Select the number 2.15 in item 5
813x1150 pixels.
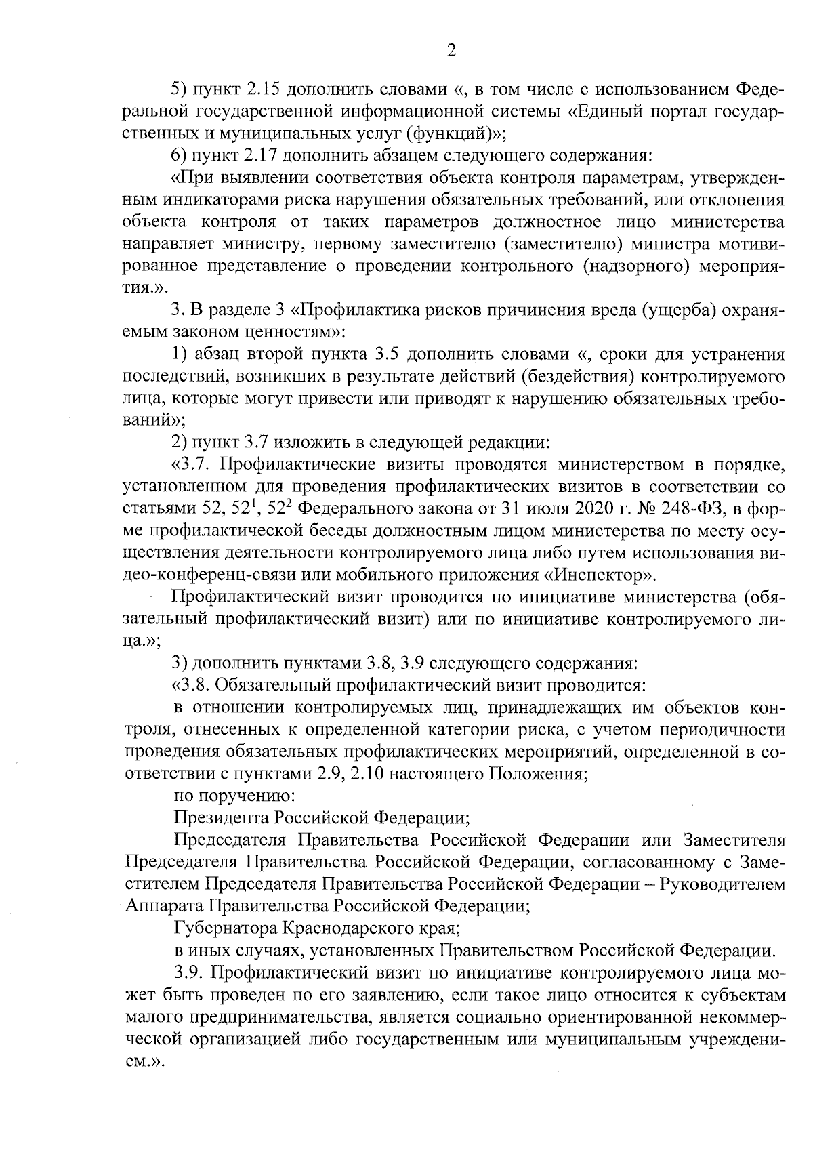[x=266, y=89]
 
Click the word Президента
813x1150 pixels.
[x=220, y=818]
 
